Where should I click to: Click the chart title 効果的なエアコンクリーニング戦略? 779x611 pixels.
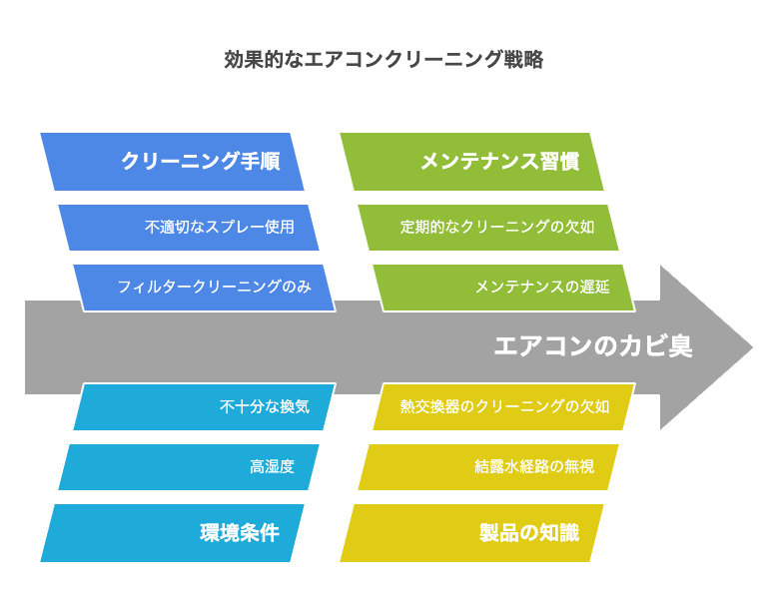[x=384, y=60]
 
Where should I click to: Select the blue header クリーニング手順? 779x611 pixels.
[x=172, y=162]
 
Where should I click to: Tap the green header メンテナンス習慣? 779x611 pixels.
[x=471, y=162]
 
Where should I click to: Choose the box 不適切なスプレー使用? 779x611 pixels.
[x=189, y=227]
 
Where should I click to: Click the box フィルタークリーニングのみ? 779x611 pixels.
[x=205, y=288]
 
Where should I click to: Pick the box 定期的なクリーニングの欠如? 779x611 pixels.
[x=488, y=227]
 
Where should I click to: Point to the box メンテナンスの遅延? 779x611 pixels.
[x=504, y=288]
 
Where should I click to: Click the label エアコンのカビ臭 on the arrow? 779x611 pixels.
[x=593, y=346]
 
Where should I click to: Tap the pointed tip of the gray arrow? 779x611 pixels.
[x=753, y=347]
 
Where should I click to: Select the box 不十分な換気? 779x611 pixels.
[x=205, y=406]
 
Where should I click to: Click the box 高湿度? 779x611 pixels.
[x=189, y=467]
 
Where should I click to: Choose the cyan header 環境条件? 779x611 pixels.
[x=172, y=533]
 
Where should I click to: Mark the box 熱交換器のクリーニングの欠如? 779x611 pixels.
[x=504, y=406]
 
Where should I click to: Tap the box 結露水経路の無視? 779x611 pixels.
[x=488, y=467]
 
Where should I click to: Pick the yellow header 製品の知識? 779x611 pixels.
[x=471, y=533]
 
